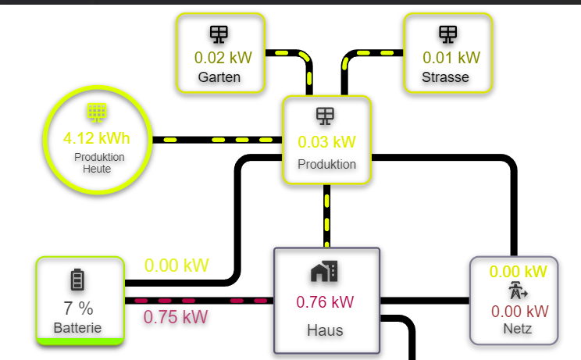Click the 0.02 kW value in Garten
pyautogui.click(x=219, y=57)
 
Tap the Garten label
pyautogui.click(x=219, y=77)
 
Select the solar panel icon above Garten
pyautogui.click(x=219, y=34)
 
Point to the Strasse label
pyautogui.click(x=445, y=77)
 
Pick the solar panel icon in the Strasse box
pyautogui.click(x=447, y=34)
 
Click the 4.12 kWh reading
pyautogui.click(x=97, y=139)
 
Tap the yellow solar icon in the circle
pyautogui.click(x=97, y=113)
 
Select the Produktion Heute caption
pyautogui.click(x=99, y=162)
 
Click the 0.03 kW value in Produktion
pyautogui.click(x=326, y=142)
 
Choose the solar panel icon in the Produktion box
pyautogui.click(x=325, y=116)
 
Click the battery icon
pyautogui.click(x=77, y=280)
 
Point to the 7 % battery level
pyautogui.click(x=77, y=308)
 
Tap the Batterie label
pyautogui.click(x=77, y=328)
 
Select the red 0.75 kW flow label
pyautogui.click(x=176, y=317)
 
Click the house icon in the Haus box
pyautogui.click(x=324, y=272)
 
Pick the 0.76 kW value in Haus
pyautogui.click(x=325, y=302)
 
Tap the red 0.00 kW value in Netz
pyautogui.click(x=519, y=311)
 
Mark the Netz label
pyautogui.click(x=518, y=329)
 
